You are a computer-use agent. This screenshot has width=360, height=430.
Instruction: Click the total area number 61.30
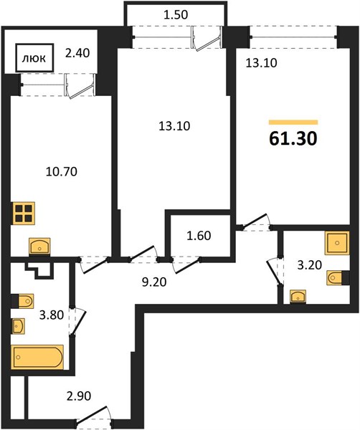tap(293, 139)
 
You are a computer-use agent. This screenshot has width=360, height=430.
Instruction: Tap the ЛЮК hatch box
tap(34, 58)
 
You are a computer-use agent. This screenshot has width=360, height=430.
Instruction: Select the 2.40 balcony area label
tap(77, 53)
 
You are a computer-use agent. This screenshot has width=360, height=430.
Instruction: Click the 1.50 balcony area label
tap(176, 15)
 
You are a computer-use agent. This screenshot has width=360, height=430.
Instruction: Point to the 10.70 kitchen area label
tap(62, 172)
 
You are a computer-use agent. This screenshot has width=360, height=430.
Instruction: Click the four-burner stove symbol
tap(24, 214)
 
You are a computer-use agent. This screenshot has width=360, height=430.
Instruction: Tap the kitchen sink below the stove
tap(39, 247)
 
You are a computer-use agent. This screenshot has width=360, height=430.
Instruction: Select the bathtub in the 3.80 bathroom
tap(37, 357)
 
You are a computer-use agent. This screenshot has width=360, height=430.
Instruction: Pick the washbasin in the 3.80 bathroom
tap(18, 326)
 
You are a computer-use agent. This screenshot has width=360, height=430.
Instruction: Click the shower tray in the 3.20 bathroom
tap(337, 243)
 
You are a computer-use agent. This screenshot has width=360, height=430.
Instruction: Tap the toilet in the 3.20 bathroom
tap(336, 278)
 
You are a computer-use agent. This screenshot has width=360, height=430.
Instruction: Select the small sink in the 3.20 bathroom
tap(298, 297)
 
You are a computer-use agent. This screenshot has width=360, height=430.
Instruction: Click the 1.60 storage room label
tap(199, 236)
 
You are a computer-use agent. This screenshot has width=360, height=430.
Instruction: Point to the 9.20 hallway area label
tap(154, 282)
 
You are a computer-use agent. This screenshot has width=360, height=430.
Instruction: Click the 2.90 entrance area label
tap(79, 396)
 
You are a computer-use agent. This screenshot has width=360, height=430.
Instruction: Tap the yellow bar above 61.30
tap(293, 123)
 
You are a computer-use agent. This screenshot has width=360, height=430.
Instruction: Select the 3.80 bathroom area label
tap(52, 315)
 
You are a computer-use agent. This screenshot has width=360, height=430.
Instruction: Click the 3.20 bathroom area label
tap(310, 265)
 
